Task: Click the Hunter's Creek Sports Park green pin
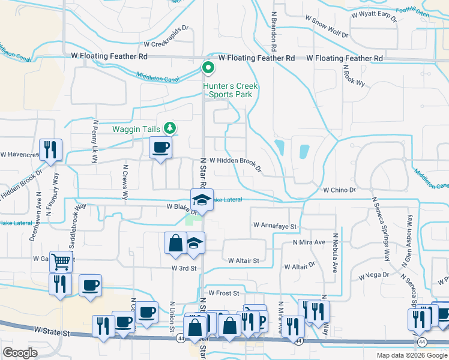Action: tap(208, 68)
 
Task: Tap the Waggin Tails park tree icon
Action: tap(170, 128)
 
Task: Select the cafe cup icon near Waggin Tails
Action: tap(160, 148)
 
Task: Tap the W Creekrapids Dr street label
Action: tap(166, 44)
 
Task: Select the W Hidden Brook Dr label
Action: tap(235, 164)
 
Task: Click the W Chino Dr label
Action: tap(339, 190)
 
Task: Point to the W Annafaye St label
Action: tap(276, 226)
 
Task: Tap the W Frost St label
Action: tap(223, 293)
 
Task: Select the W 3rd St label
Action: tap(184, 268)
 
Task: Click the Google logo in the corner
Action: tap(20, 353)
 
